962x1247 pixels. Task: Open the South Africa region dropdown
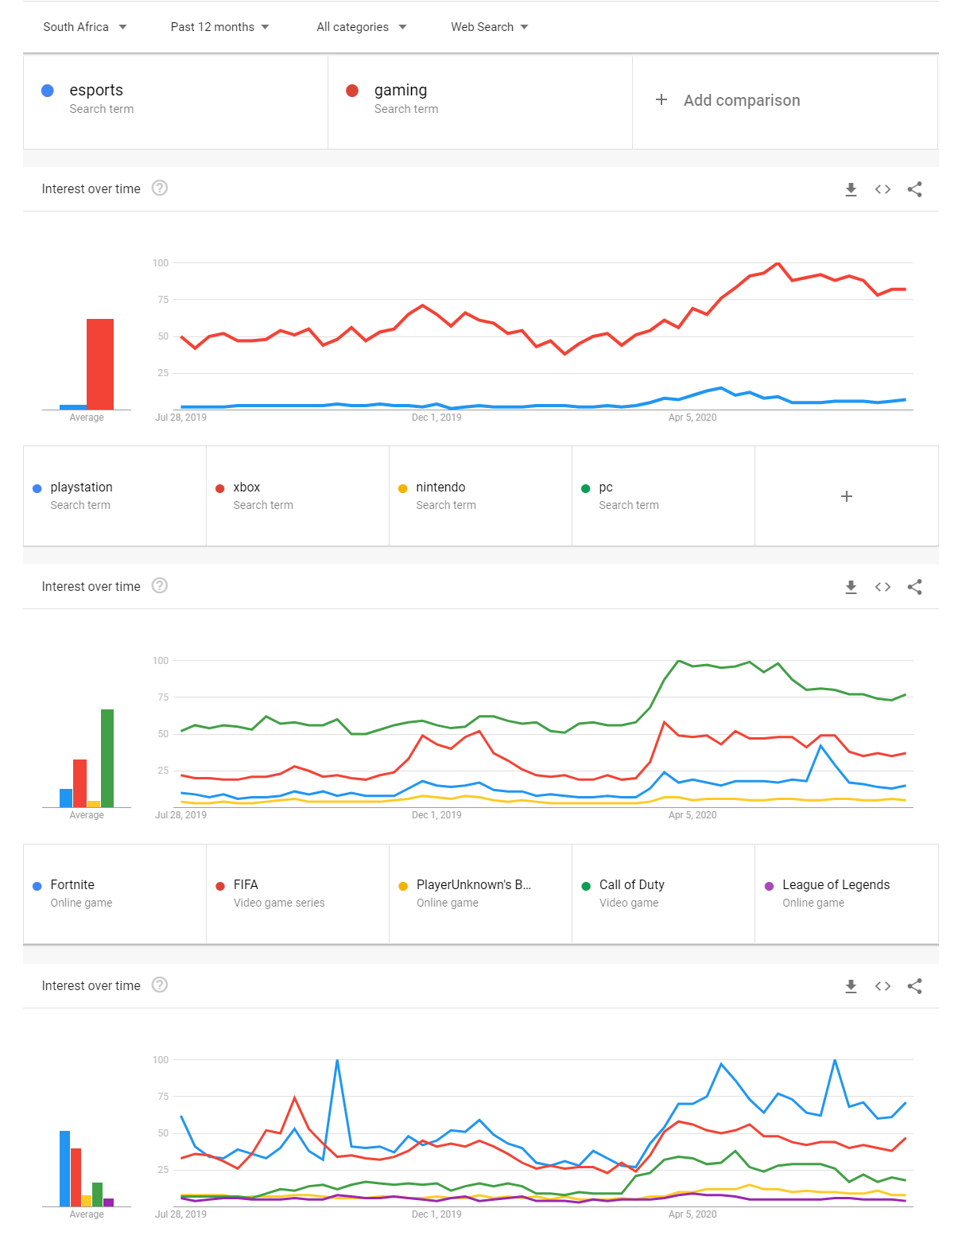85,27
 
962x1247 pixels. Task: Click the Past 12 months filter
219,27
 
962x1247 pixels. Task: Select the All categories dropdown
361,27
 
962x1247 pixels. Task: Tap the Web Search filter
489,27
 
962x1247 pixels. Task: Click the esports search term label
96,90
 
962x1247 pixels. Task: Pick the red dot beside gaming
351,91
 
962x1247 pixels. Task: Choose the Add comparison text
741,100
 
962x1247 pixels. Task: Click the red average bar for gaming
100,363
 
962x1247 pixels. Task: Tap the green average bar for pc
107,758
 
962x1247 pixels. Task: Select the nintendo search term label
440,488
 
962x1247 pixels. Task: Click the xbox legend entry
246,488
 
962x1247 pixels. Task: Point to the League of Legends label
836,884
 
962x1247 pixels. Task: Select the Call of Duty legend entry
631,884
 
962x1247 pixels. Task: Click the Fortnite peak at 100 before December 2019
337,1060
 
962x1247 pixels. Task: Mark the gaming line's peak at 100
778,262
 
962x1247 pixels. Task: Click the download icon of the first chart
850,189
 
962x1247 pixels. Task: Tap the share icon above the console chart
914,586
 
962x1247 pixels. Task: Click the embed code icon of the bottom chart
882,986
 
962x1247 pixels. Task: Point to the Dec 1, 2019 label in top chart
436,418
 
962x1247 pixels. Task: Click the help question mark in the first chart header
160,188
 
